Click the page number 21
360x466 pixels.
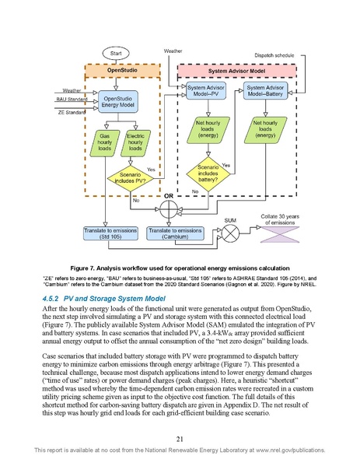click(180, 439)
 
